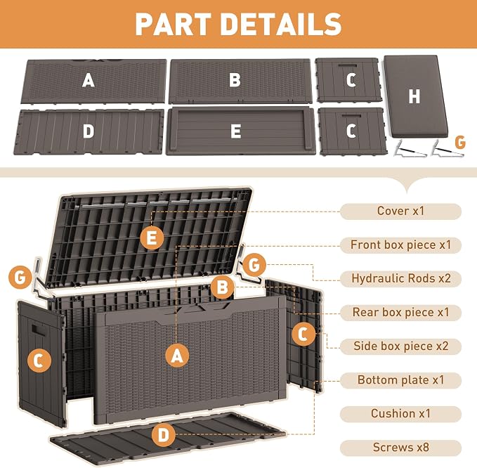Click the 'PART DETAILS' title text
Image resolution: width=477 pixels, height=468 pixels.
[x=239, y=25]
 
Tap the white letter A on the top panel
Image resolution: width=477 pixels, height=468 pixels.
[x=89, y=80]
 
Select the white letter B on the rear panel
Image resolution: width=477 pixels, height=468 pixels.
[x=235, y=80]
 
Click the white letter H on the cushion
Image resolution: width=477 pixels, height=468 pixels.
[x=414, y=96]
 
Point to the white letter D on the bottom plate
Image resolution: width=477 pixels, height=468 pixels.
[x=89, y=131]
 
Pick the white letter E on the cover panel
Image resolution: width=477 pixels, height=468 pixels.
[x=236, y=131]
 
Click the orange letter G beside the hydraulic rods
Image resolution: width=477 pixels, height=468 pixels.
[x=460, y=142]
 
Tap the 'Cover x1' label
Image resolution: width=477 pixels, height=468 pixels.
[x=400, y=211]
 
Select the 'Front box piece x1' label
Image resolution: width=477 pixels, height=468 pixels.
[x=400, y=245]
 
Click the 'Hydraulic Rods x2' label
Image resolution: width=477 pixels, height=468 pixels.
[x=400, y=278]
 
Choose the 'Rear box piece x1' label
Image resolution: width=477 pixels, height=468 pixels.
[x=400, y=312]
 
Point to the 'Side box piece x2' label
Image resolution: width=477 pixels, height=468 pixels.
[x=400, y=346]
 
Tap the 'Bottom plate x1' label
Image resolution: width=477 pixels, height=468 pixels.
[x=400, y=379]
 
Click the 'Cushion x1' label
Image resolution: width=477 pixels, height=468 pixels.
[x=400, y=413]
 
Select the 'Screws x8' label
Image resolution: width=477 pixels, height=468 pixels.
[x=400, y=448]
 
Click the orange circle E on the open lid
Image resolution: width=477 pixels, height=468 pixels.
[x=152, y=238]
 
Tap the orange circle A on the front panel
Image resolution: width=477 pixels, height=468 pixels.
[x=177, y=356]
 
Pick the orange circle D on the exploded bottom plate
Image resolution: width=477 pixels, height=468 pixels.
[x=164, y=435]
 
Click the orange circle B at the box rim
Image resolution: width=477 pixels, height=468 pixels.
[x=223, y=287]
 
